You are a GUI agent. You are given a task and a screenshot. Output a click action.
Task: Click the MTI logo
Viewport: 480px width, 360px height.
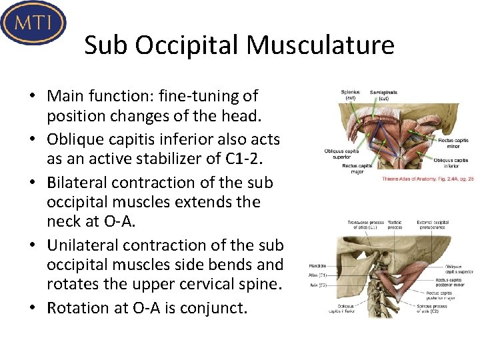click(33, 22)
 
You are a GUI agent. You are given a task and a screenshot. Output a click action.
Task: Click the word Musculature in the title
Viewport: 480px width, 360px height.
click(320, 46)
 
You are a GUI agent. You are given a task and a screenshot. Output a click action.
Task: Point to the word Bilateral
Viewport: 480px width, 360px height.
click(79, 183)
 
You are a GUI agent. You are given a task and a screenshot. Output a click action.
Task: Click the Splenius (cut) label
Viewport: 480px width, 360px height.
click(350, 95)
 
